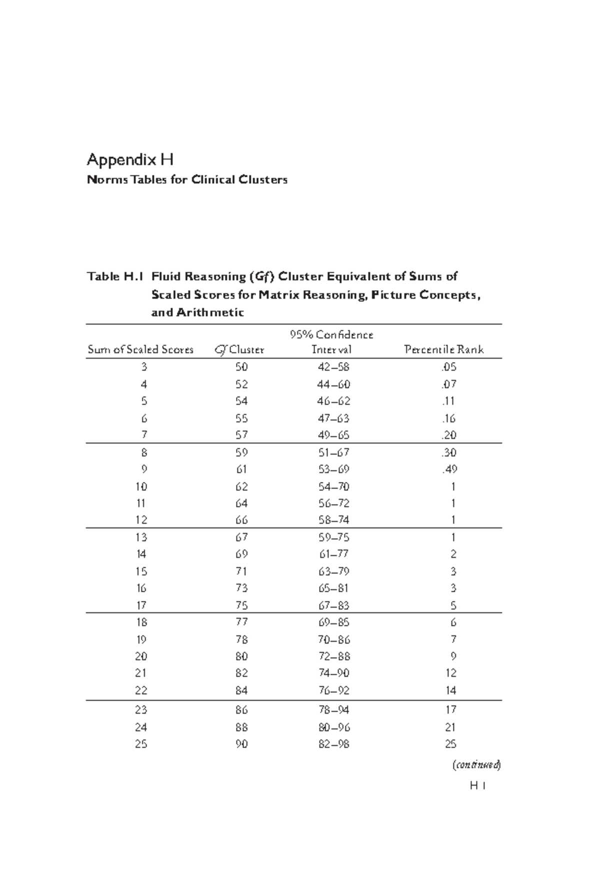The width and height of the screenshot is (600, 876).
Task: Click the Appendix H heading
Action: click(130, 160)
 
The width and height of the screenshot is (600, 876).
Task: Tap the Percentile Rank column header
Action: click(443, 350)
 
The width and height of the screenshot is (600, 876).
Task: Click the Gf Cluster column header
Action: click(239, 350)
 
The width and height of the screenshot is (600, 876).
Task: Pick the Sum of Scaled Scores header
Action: click(140, 350)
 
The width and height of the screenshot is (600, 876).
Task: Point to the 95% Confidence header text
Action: click(331, 335)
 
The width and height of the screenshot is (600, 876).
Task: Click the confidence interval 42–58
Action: click(333, 367)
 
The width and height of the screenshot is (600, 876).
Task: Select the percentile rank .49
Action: click(449, 469)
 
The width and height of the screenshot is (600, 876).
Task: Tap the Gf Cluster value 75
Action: click(241, 605)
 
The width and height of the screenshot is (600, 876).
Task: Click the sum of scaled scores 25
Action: click(141, 744)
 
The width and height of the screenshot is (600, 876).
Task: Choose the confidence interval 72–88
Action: click(333, 656)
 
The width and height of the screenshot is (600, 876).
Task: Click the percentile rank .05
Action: click(449, 367)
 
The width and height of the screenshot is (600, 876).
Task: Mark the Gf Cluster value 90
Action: click(241, 744)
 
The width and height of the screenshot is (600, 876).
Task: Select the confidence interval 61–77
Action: click(333, 554)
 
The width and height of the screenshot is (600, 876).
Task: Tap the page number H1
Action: click(478, 786)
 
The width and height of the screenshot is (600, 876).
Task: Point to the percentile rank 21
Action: click(450, 727)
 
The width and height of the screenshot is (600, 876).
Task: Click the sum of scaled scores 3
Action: click(144, 367)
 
